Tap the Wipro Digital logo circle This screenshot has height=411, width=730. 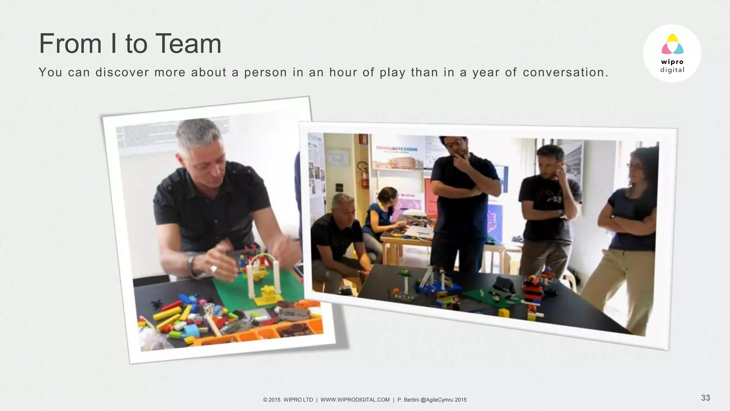tap(672, 54)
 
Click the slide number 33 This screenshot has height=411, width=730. tap(705, 398)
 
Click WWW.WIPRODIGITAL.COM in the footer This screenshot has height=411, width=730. tap(355, 400)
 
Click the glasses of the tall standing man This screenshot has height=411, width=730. tap(453, 143)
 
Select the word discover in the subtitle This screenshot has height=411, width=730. tap(122, 72)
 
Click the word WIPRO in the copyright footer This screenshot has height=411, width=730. tap(293, 400)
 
